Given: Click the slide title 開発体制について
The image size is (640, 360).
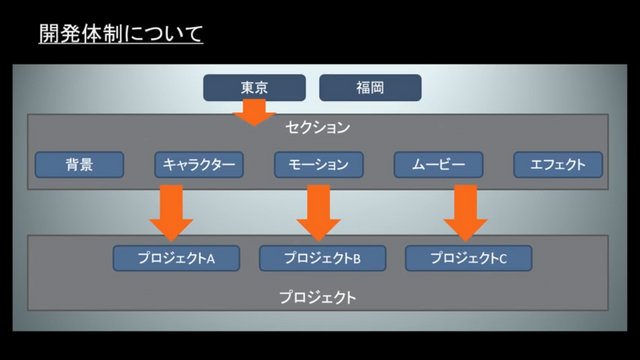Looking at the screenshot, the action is point(121,33).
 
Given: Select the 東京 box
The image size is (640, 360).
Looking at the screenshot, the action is point(254,87).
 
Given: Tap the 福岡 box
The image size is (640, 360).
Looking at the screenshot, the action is point(370,87).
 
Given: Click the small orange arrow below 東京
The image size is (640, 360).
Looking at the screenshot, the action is point(254,113).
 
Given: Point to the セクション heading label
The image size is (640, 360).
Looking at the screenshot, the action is point(318,127).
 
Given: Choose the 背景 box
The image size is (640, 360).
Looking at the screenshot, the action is point(79,164).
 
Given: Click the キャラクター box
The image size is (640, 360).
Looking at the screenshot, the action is point(199,164).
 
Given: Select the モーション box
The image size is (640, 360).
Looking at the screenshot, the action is point(319,164).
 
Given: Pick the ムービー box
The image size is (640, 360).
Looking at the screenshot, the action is point(438,164).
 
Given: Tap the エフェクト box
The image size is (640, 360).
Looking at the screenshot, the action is point(558,164).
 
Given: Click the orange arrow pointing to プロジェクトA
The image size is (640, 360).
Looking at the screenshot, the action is point(171,212).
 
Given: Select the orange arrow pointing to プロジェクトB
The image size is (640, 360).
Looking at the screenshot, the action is point(318,212).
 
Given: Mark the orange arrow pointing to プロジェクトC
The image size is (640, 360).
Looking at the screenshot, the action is point(465,212).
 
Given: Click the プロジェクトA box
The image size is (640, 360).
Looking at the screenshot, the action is point(176,258).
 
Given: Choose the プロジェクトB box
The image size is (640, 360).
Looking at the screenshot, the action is point(322,258).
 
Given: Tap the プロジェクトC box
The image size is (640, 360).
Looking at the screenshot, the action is point(469,258).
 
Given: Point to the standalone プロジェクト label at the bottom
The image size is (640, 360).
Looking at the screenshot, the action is point(318,297).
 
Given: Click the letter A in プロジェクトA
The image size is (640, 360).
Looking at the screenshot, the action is point(211,259).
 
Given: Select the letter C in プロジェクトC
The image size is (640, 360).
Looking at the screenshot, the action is point(503,259).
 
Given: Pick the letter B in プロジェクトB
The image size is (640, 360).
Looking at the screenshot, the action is point(357,259).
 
